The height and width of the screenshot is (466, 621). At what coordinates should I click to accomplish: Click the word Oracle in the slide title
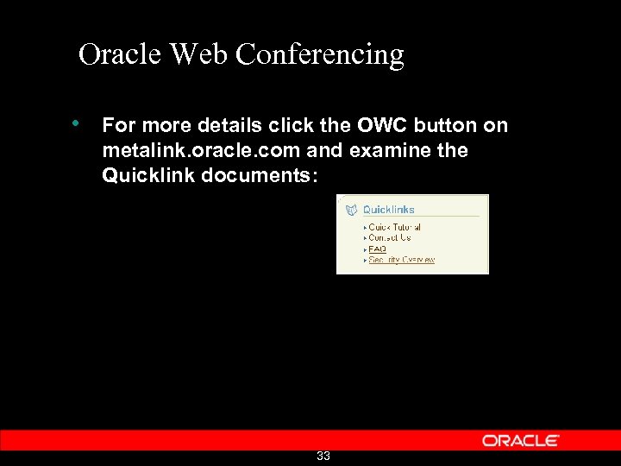point(120,54)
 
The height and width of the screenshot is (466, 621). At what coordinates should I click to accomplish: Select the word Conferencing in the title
point(319,55)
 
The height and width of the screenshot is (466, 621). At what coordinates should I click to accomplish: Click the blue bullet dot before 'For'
point(77,123)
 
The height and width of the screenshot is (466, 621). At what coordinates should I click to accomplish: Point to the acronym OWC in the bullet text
point(379,125)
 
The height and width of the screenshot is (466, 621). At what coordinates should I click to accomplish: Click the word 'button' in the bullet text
point(446,125)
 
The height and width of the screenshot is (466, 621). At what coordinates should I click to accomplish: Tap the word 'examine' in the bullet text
point(393,150)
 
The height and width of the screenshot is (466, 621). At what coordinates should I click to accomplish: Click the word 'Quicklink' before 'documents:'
point(143,175)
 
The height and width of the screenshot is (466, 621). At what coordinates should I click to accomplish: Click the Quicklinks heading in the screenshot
point(388,209)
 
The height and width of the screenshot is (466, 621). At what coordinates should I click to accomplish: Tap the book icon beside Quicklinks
point(351,209)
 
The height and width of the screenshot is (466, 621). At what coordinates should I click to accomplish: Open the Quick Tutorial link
point(394,228)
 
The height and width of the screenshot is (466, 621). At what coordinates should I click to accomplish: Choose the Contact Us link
point(389,238)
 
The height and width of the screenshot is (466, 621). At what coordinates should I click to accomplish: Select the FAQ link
point(377,249)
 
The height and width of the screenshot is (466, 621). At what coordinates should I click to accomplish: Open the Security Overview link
point(401,259)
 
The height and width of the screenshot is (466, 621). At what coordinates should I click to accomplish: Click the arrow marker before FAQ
point(365,249)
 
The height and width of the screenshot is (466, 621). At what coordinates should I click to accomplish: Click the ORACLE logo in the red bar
point(521,440)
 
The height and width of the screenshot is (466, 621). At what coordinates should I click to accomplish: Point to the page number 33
point(323,456)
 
